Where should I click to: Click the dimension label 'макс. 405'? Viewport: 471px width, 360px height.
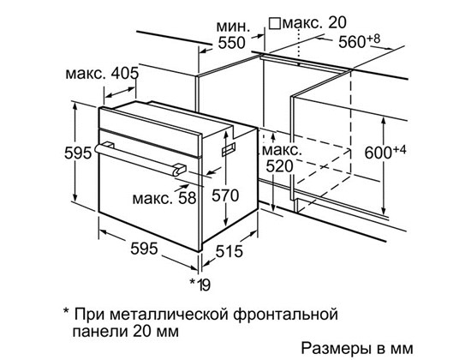(102, 73)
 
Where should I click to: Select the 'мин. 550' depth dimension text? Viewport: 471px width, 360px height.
(233, 35)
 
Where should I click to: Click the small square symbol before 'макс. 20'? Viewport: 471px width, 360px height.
(275, 23)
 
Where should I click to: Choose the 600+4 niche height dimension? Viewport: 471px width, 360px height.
(385, 152)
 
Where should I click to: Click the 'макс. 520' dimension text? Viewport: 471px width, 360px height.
(282, 159)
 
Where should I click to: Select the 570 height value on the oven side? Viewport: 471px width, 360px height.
(225, 195)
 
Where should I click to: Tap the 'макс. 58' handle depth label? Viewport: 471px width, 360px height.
(164, 198)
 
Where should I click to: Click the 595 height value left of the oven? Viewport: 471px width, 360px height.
(78, 153)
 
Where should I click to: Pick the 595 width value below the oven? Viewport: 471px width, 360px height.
(144, 249)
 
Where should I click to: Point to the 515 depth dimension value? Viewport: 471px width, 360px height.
(229, 251)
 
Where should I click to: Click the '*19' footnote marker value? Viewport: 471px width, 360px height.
(200, 285)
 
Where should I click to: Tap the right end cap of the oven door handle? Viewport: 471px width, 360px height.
(180, 169)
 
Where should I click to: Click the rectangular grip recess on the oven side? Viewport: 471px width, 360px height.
(229, 149)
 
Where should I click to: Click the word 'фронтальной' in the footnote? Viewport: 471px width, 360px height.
(285, 315)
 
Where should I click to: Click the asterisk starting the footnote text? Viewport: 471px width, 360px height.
(67, 310)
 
